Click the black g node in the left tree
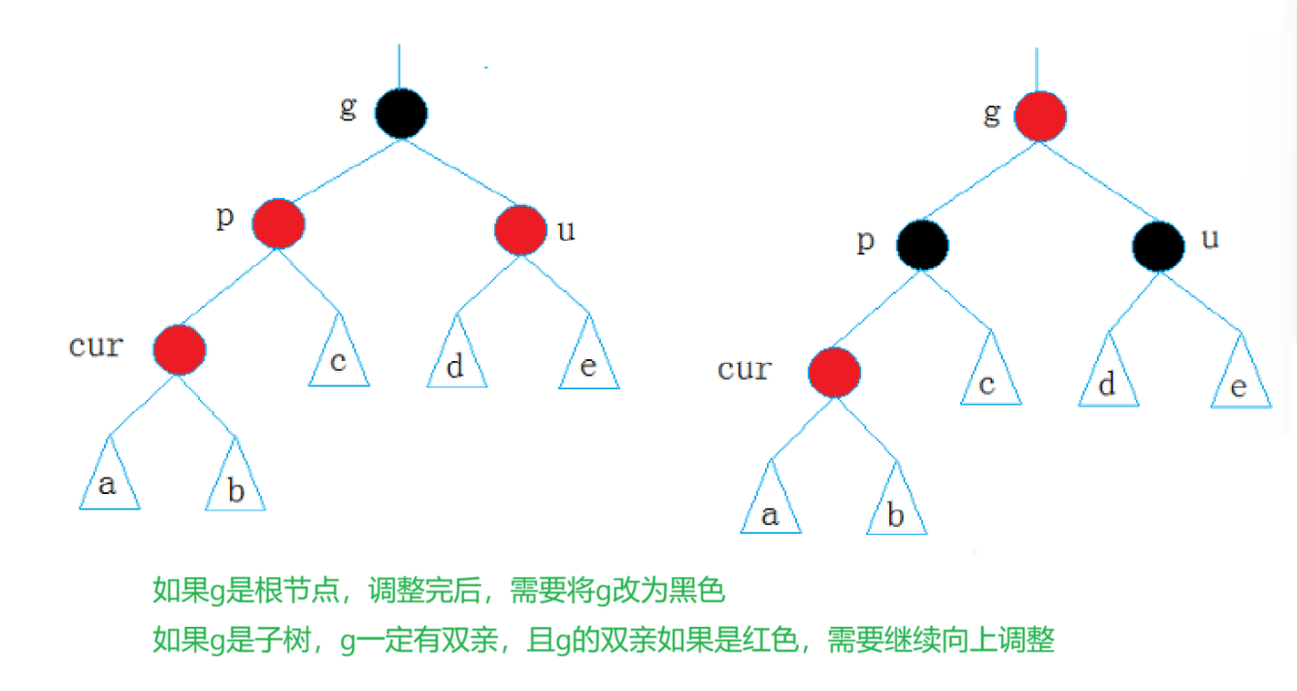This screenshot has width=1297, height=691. (401, 113)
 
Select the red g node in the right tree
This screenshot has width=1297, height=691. (1040, 117)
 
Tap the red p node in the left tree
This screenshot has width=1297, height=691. (279, 223)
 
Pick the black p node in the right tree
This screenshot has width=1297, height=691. (923, 246)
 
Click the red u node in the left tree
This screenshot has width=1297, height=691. (520, 230)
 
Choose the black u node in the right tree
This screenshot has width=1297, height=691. (1158, 246)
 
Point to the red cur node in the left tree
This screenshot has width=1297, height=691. (180, 348)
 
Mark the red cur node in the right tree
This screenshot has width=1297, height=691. (834, 372)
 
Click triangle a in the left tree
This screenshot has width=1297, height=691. (109, 479)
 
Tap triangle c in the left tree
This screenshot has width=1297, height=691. (339, 356)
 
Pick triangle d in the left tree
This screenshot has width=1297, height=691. (456, 359)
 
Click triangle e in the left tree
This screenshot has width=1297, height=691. (589, 359)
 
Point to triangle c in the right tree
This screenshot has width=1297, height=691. (990, 377)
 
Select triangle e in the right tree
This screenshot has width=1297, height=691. (1241, 378)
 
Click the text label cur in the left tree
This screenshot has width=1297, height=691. (96, 345)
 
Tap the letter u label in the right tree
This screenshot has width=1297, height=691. (1210, 239)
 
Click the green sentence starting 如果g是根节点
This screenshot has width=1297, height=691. (440, 589)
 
